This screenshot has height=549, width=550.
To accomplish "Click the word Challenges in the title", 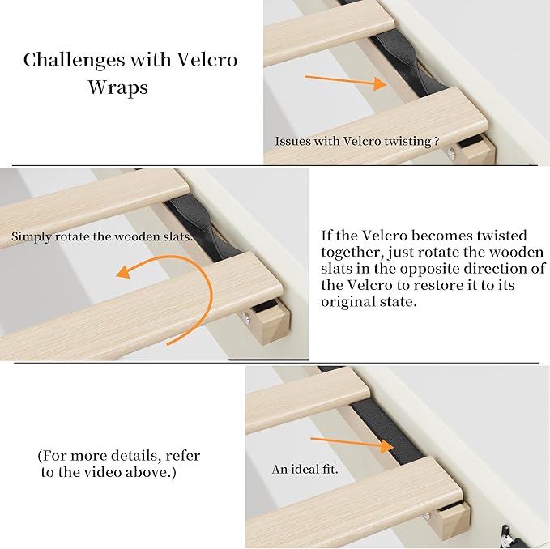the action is pos(74,60).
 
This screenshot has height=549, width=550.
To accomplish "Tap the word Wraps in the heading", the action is pos(118,87).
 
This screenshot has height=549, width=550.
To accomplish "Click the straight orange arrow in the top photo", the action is pos(346,82).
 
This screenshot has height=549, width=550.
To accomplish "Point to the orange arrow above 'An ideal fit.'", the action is pos(352,444).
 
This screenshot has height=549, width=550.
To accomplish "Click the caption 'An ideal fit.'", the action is pos(305,470).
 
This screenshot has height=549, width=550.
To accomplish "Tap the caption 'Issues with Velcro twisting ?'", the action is pos(356,141).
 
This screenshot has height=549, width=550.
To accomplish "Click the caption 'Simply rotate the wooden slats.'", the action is pos(102,236).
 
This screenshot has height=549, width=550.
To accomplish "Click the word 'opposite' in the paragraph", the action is pos(428,269).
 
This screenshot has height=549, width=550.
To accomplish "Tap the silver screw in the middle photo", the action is pos(246,317).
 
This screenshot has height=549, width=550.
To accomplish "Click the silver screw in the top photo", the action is pos(451,152).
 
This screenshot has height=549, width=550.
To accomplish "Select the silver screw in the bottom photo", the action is pos(427,517).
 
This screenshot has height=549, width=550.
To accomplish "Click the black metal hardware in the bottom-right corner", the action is pos(508,535).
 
